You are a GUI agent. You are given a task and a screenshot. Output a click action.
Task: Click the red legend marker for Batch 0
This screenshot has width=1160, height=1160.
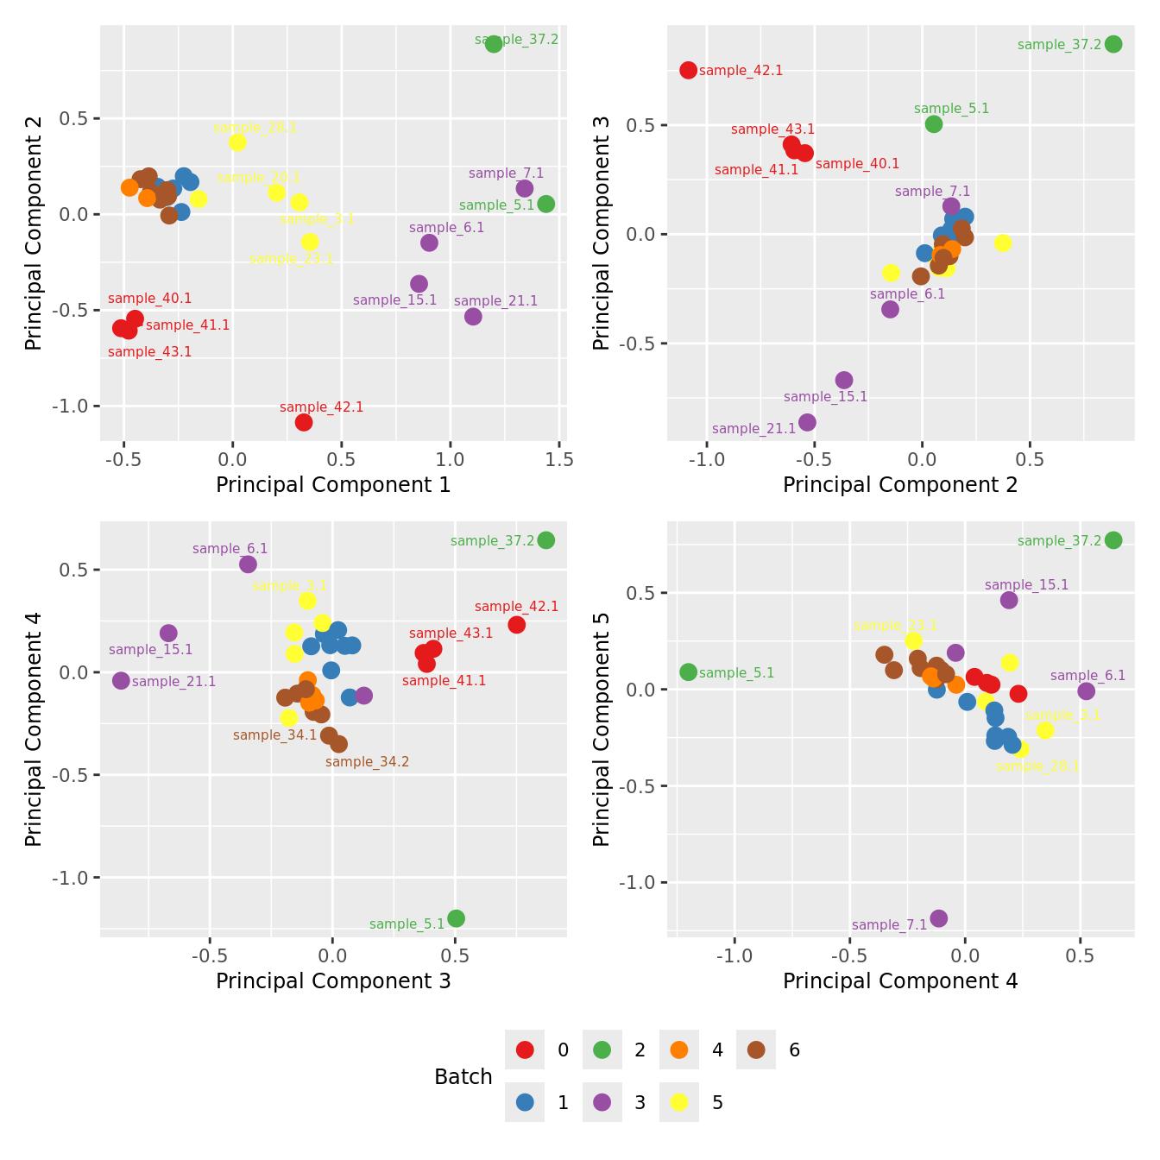click(525, 1050)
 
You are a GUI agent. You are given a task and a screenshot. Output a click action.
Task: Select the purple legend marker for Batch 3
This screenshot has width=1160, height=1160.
click(602, 1102)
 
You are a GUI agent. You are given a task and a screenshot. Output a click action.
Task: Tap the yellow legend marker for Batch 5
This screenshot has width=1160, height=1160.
click(679, 1102)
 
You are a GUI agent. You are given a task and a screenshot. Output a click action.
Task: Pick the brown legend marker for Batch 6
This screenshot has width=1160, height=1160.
click(756, 1050)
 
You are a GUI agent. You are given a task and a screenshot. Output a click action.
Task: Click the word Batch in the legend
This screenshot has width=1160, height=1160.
click(463, 1077)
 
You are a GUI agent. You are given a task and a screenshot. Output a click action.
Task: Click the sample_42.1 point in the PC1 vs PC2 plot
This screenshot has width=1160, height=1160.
click(304, 422)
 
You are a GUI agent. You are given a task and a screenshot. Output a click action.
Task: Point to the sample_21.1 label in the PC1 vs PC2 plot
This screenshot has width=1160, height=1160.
click(495, 301)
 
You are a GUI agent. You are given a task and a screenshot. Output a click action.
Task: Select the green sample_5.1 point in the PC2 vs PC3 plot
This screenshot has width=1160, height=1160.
click(934, 124)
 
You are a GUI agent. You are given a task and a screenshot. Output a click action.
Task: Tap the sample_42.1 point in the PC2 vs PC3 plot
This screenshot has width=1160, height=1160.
click(688, 70)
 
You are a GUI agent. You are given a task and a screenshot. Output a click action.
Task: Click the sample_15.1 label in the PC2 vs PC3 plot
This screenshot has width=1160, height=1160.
click(825, 397)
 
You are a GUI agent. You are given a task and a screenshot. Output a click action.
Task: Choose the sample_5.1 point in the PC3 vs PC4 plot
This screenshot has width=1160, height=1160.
click(457, 918)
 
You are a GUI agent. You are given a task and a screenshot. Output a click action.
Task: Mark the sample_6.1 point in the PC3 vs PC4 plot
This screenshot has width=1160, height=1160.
click(248, 564)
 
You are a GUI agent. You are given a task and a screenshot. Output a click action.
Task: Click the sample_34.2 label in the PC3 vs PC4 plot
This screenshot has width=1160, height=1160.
click(367, 762)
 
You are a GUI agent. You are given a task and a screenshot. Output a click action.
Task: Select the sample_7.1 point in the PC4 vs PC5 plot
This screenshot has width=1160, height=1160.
click(939, 918)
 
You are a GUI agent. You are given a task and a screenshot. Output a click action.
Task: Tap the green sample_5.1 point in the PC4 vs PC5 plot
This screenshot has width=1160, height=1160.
click(688, 671)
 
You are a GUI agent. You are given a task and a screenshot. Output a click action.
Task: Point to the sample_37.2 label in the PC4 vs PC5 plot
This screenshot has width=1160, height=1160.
click(1059, 541)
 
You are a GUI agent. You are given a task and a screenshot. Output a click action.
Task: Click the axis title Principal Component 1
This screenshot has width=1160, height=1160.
click(333, 485)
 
